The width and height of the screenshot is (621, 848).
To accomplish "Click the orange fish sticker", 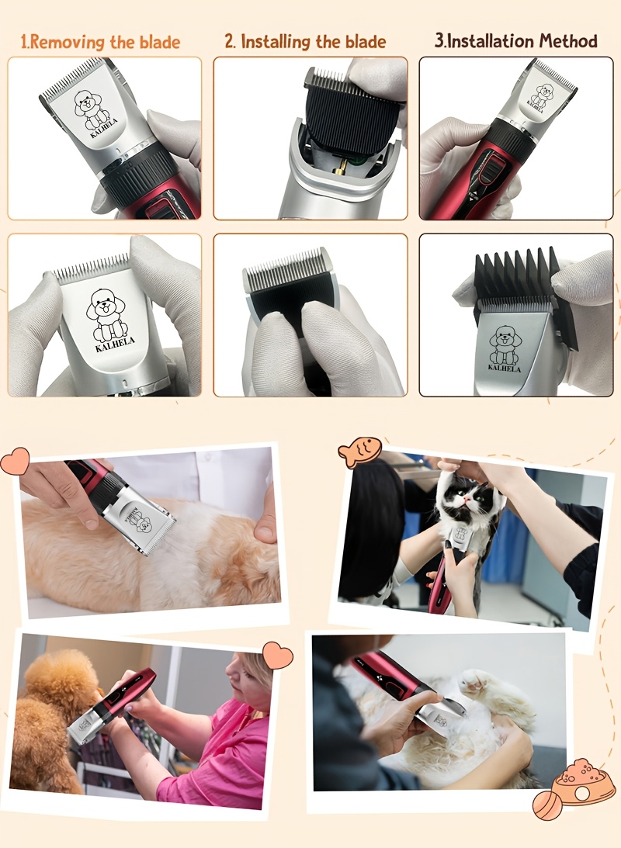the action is coord(359,452).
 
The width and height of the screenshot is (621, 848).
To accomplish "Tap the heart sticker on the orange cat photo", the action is coord(15,461).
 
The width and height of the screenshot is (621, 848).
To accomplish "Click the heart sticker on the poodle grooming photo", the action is coord(277,656).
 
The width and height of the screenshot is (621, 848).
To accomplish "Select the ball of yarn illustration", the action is coord(547,805).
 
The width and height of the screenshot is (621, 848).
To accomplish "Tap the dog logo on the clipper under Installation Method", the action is coord(542,95).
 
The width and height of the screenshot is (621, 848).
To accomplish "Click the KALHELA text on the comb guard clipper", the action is coord(505,369).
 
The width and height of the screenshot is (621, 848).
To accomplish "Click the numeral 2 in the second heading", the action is coord(229,42).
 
